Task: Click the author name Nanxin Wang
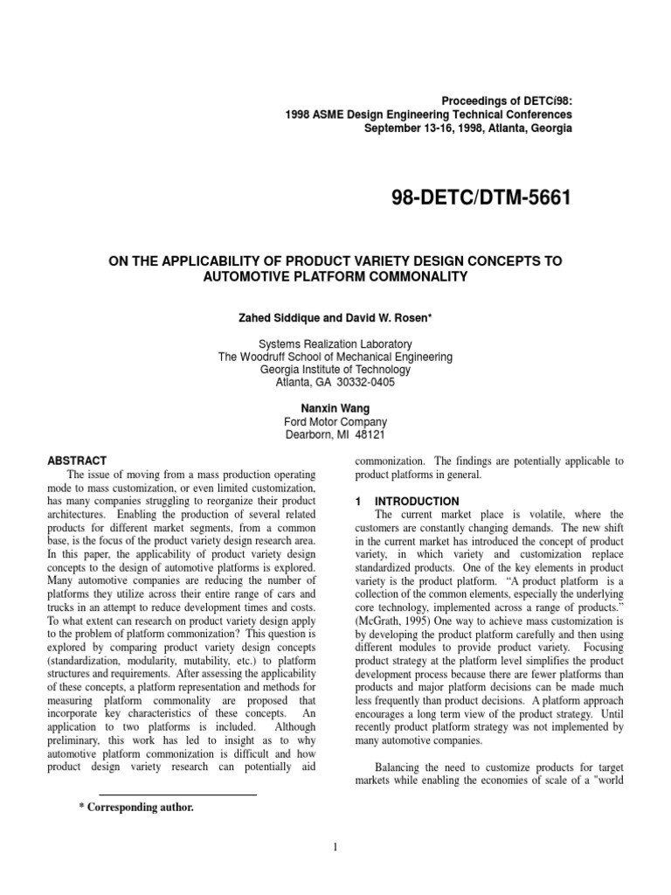pyautogui.click(x=335, y=408)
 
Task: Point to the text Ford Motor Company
pyautogui.click(x=335, y=421)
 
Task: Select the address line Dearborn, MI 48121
pyautogui.click(x=335, y=434)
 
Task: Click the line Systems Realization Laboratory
pyautogui.click(x=335, y=344)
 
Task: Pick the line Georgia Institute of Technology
pyautogui.click(x=335, y=370)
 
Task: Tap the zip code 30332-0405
pyautogui.click(x=371, y=383)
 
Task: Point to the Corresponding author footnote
pyautogui.click(x=136, y=808)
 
